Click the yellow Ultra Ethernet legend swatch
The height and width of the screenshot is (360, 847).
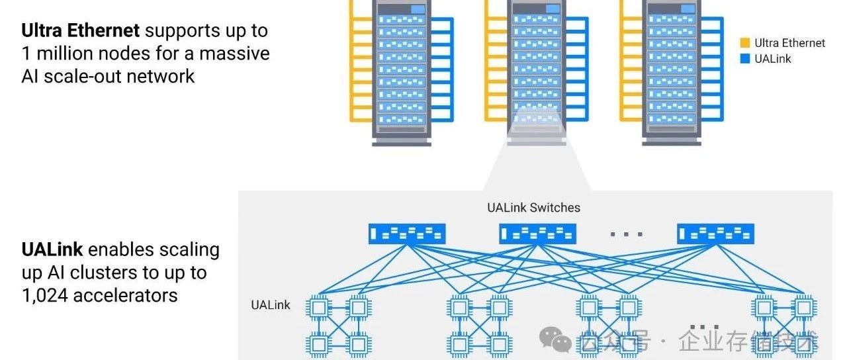click(x=744, y=43)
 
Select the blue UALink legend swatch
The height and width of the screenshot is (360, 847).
click(x=744, y=59)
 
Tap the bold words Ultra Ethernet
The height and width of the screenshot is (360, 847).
click(x=80, y=30)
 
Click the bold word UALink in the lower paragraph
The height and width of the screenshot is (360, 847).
click(x=52, y=249)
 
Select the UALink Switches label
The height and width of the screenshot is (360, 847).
click(x=533, y=208)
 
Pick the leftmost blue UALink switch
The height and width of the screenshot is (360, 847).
click(x=407, y=233)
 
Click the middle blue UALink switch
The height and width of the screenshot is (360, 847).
click(x=537, y=233)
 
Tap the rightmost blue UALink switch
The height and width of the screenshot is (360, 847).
click(x=715, y=233)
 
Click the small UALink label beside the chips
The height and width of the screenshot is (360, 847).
click(x=270, y=305)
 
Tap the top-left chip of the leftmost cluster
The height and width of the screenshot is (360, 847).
click(x=319, y=307)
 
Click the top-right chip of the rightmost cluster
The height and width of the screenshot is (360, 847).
click(x=805, y=307)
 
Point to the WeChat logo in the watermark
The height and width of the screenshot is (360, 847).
click(x=555, y=340)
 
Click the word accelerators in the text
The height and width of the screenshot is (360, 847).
click(x=125, y=295)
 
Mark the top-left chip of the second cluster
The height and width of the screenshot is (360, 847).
click(x=459, y=307)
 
